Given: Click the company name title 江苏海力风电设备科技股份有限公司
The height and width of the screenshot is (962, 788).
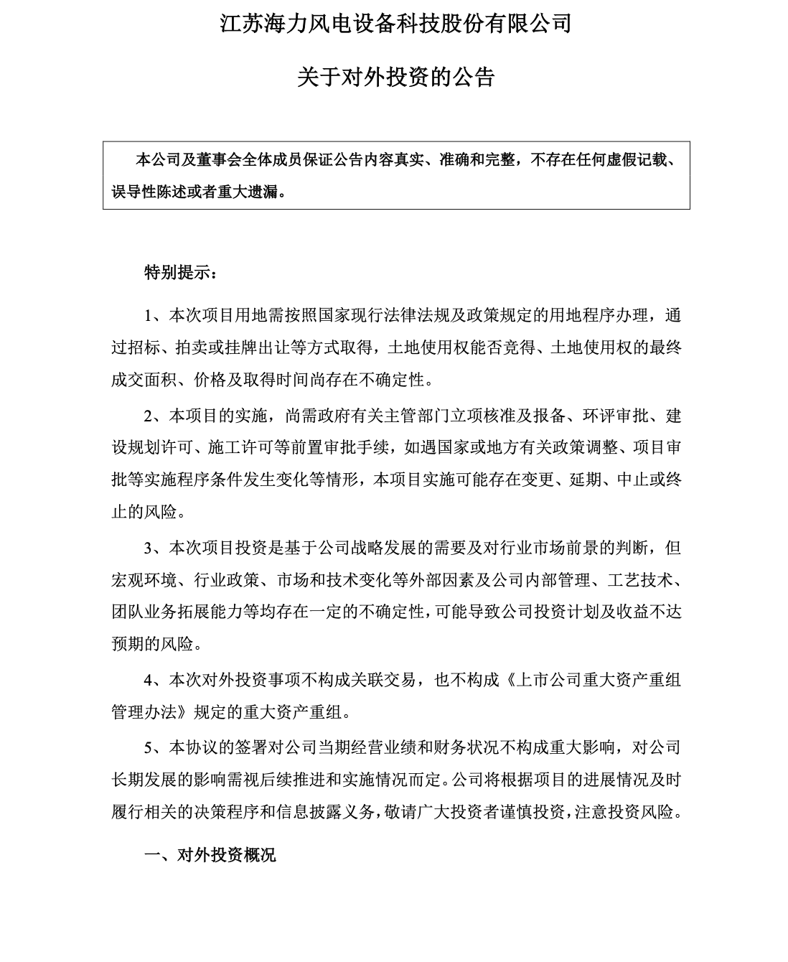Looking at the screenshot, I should pyautogui.click(x=395, y=24).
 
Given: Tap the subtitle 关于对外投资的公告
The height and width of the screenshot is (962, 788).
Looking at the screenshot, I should pyautogui.click(x=395, y=77).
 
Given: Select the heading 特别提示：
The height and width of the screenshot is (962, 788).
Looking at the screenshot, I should pyautogui.click(x=179, y=273).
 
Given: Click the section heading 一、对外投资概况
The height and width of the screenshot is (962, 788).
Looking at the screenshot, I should pyautogui.click(x=210, y=855).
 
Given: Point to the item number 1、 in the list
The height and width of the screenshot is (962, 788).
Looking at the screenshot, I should pyautogui.click(x=156, y=317).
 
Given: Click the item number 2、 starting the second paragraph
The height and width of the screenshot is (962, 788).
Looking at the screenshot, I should pyautogui.click(x=156, y=416).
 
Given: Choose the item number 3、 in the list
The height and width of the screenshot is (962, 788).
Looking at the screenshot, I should pyautogui.click(x=156, y=548).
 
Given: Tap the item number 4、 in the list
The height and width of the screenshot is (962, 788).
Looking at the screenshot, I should pyautogui.click(x=156, y=681).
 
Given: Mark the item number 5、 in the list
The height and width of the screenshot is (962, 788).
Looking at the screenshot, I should pyautogui.click(x=156, y=748).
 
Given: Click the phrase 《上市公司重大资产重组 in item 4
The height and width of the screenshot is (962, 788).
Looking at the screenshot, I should pyautogui.click(x=594, y=681).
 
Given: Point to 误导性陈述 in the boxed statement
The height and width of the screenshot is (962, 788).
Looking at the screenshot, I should pyautogui.click(x=144, y=192).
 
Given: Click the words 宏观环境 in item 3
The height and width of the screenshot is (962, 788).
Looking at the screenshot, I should pyautogui.click(x=144, y=580).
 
